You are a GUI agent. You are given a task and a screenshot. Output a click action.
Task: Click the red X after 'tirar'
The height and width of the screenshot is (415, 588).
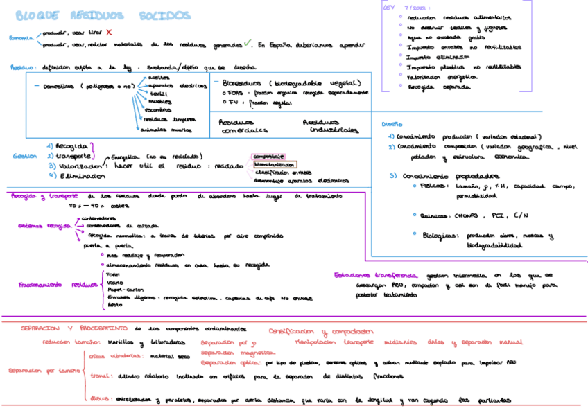109,33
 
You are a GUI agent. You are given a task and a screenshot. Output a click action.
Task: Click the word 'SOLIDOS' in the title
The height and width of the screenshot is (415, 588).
164,16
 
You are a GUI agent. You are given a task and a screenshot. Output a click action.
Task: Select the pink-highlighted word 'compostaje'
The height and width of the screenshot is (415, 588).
269,157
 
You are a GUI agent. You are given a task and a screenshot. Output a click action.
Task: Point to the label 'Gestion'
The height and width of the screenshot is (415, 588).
25,157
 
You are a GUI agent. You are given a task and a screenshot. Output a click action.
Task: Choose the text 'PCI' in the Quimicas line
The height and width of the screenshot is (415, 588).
497,215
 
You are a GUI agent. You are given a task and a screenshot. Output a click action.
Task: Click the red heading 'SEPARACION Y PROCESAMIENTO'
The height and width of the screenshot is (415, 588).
74,328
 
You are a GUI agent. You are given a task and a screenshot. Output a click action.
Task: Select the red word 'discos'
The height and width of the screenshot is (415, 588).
102,400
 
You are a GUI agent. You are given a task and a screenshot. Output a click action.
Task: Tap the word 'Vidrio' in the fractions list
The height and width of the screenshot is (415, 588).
116,282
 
